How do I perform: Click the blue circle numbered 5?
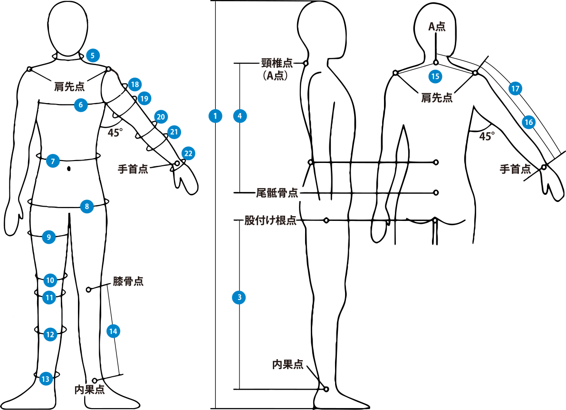[x=93, y=56]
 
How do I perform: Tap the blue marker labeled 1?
[x=215, y=116]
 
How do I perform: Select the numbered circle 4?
[x=240, y=116]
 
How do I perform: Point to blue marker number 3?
[x=239, y=298]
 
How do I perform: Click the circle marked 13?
[x=46, y=379]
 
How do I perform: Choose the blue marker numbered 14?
[x=113, y=331]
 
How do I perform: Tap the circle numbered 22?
[x=188, y=153]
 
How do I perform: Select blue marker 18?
[x=135, y=85]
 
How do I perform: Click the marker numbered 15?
[x=435, y=76]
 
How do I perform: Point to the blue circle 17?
[x=515, y=88]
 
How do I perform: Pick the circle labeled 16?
[x=528, y=122]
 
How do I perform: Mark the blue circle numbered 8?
[x=87, y=207]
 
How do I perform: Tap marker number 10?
[x=50, y=280]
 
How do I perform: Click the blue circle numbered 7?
[x=53, y=161]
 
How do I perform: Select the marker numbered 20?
[x=161, y=117]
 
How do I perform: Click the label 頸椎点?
[x=277, y=63]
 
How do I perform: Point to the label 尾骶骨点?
[x=277, y=193]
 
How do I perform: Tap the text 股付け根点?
[x=270, y=220]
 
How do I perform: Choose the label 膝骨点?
[x=128, y=281]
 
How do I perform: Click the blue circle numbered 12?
[x=50, y=334]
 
